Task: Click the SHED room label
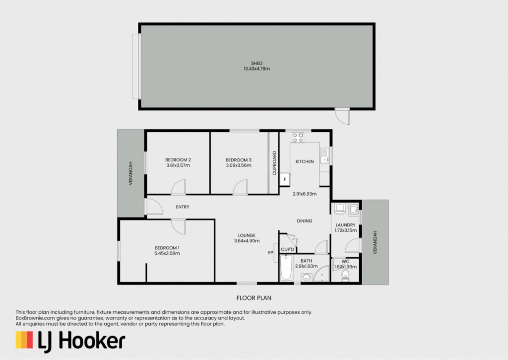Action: [256, 63]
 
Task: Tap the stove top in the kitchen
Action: [298, 137]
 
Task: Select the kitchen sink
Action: [324, 156]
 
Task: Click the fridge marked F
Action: [285, 179]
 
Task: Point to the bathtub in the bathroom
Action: [286, 268]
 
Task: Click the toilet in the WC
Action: [345, 276]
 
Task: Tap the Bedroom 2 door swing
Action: [179, 187]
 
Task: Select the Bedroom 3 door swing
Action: [240, 188]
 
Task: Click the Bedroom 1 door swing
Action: [179, 226]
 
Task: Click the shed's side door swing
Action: [342, 117]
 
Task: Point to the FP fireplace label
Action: [270, 253]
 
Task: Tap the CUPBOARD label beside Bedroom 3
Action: [274, 163]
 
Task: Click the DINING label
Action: [305, 221]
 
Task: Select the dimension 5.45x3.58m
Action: [167, 253]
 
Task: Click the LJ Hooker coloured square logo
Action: [24, 340]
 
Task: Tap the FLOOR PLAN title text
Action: [254, 298]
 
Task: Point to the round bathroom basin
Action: [307, 277]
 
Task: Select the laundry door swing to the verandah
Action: [353, 245]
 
